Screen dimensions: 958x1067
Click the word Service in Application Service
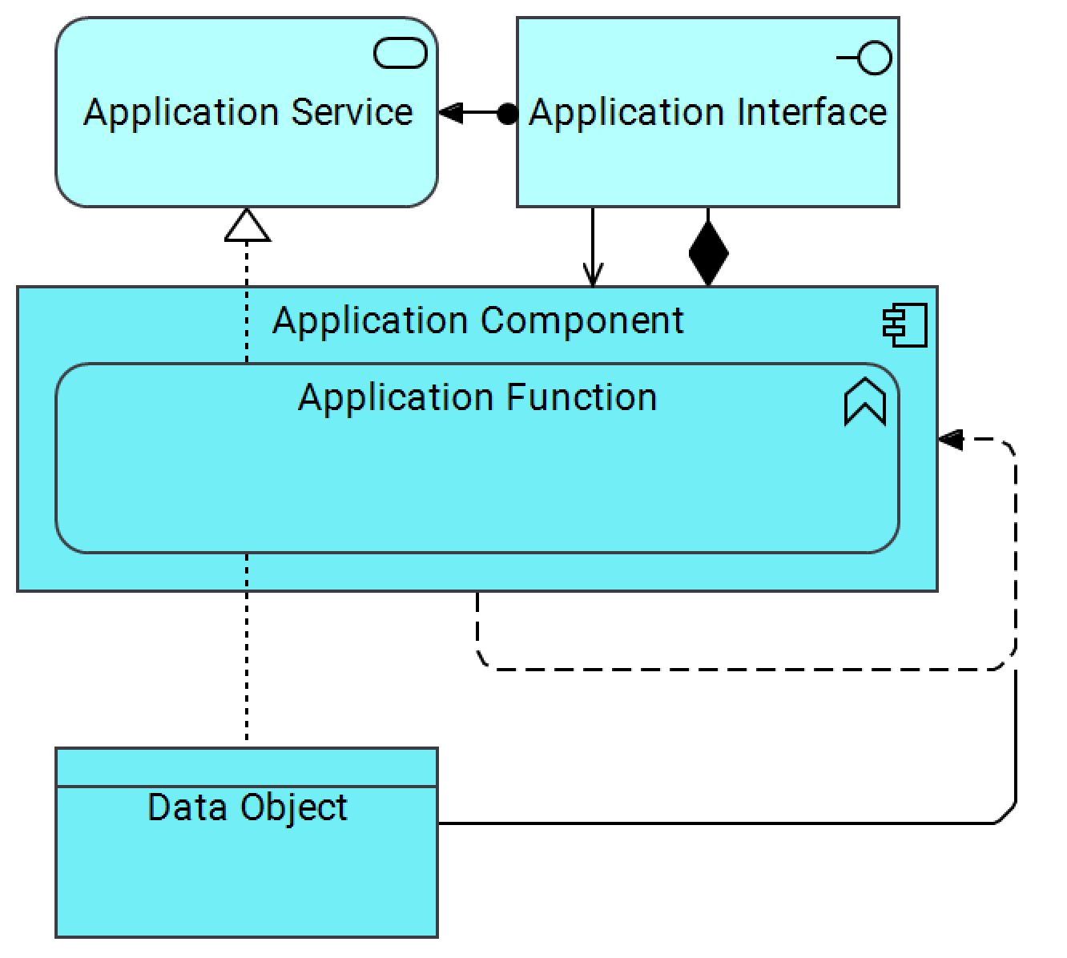352,112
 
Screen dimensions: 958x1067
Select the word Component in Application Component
583,321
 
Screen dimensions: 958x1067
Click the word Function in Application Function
582,398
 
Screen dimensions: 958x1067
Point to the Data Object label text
248,807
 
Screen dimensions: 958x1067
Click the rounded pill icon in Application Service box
401,54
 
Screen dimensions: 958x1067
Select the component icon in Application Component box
905,325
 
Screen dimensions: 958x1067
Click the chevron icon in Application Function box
865,402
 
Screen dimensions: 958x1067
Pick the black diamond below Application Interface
708,253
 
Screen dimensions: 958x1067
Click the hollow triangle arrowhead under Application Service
247,225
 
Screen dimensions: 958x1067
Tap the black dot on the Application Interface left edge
507,114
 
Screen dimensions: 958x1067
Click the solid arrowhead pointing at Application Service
450,113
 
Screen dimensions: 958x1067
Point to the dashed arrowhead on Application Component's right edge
950,440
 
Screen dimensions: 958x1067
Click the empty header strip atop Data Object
247,767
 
